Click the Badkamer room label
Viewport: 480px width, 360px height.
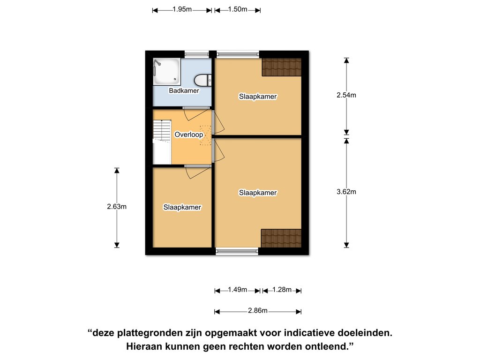click(184, 90)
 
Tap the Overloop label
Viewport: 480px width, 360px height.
click(188, 135)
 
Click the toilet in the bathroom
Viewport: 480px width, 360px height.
click(203, 80)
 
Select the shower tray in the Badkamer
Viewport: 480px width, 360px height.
click(167, 72)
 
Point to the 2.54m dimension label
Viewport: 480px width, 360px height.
click(346, 95)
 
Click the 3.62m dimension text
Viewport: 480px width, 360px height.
click(346, 192)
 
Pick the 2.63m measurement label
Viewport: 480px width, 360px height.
click(117, 207)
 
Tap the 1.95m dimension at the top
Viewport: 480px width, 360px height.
click(182, 9)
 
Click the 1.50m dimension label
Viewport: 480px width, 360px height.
click(238, 9)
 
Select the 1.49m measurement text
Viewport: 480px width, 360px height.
click(238, 290)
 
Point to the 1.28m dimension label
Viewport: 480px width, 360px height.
click(282, 290)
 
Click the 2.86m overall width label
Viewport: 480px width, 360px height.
click(258, 311)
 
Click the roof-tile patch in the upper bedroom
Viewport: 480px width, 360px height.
click(282, 67)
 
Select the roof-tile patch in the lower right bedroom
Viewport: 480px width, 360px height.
click(281, 238)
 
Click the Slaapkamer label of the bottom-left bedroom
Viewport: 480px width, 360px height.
click(182, 207)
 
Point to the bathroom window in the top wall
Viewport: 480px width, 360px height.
click(197, 54)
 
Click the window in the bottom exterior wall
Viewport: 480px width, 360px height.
click(237, 251)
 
